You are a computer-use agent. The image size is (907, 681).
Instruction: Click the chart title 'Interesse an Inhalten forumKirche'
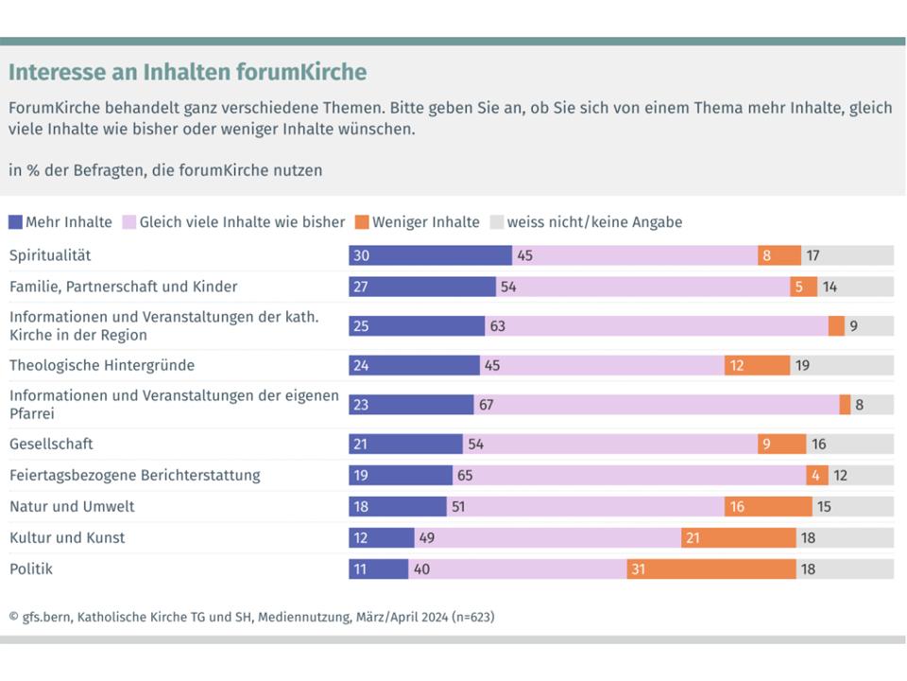[187, 73]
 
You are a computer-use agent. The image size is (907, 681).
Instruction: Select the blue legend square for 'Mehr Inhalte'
[15, 222]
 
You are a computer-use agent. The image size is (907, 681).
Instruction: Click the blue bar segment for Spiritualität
[430, 254]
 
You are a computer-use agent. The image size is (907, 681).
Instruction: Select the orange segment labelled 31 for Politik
[710, 568]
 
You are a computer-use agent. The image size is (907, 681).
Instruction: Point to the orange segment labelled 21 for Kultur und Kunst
[739, 537]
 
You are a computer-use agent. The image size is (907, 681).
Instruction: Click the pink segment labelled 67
[656, 405]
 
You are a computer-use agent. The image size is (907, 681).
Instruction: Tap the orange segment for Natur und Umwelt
[768, 506]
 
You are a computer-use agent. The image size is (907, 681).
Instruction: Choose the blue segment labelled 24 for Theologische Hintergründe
[414, 365]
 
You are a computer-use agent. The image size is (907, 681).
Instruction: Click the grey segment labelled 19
[841, 365]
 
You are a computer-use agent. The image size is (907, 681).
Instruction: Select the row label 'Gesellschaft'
[51, 444]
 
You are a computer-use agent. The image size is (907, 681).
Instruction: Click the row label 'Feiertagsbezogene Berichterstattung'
[134, 475]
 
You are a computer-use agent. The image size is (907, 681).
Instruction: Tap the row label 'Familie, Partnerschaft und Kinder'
[123, 286]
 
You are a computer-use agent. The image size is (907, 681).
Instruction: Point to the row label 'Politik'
[30, 568]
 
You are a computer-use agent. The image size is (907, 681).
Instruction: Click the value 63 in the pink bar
[498, 326]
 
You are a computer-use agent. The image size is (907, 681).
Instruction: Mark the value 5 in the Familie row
[799, 287]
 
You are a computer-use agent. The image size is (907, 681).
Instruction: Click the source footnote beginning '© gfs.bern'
[251, 617]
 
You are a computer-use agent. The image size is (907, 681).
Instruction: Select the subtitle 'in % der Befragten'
[165, 170]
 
